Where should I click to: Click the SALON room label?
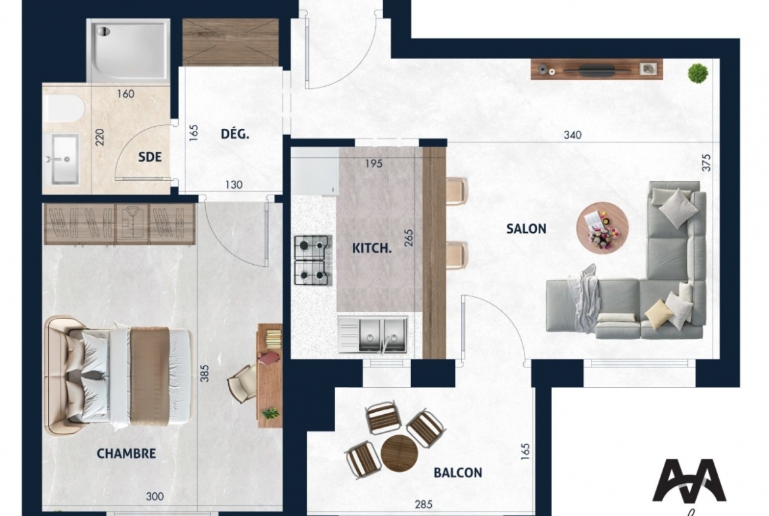tap(526, 229)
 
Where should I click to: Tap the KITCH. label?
tap(372, 248)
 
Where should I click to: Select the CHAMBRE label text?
tap(126, 453)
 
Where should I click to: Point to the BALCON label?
tap(457, 473)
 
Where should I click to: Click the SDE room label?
tap(150, 157)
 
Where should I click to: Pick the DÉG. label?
tap(235, 133)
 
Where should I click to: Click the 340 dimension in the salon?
tap(572, 135)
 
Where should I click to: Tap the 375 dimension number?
tap(706, 162)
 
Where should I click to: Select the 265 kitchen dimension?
tap(409, 238)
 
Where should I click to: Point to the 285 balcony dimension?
tap(424, 504)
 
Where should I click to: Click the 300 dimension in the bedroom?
tap(155, 496)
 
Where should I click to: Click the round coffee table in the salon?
tap(602, 227)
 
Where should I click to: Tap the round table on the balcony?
tap(399, 453)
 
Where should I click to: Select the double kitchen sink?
tap(373, 335)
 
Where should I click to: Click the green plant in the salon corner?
tap(698, 74)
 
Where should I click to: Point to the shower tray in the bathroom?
tap(128, 49)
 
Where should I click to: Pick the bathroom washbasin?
tap(64, 160)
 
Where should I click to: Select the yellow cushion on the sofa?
tap(658, 314)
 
